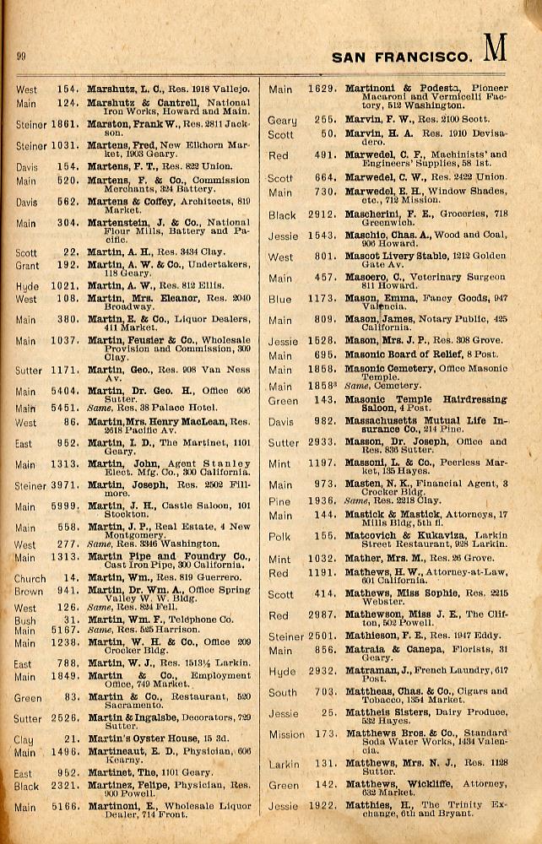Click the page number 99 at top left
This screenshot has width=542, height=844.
21,57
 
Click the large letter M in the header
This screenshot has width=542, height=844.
494,50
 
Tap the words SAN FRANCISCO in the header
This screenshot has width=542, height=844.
401,57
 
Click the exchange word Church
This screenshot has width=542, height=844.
30,579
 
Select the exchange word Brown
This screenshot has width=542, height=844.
28,592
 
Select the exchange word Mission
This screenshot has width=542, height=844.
286,734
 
